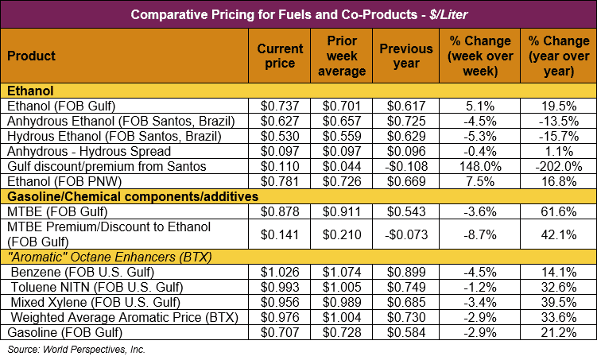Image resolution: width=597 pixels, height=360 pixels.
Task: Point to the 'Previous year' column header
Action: pyautogui.click(x=406, y=56)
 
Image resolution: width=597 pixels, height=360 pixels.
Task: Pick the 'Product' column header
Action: pyautogui.click(x=32, y=56)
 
